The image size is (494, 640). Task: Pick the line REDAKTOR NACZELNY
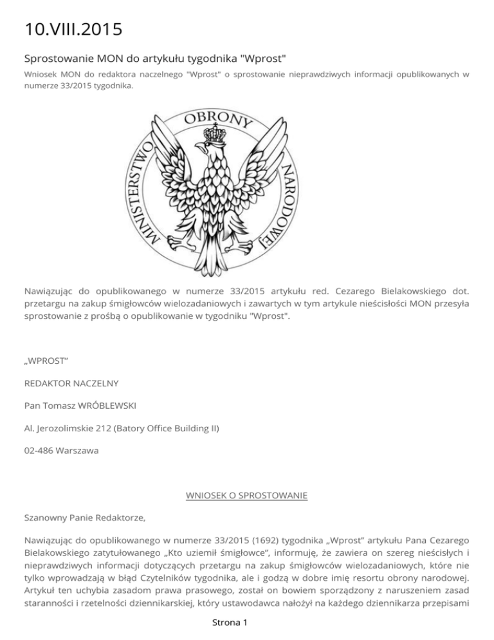(x=71, y=383)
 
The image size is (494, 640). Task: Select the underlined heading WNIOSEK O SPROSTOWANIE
(x=246, y=495)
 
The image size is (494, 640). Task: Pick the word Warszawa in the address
(x=77, y=451)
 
